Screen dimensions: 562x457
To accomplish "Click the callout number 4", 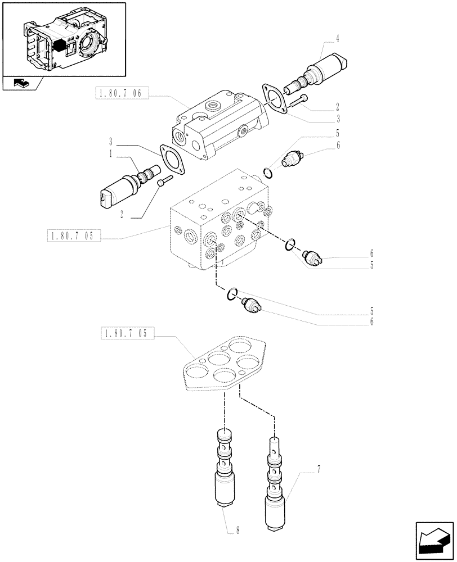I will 337,39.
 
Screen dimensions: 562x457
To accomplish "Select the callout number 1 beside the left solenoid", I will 111,153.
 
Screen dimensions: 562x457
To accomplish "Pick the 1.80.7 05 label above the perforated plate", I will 125,334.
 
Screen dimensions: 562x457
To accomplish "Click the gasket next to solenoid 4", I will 273,100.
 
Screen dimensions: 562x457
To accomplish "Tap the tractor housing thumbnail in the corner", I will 64,40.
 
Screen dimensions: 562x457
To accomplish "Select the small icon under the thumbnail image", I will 20,84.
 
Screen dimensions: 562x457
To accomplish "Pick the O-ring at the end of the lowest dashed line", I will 231,293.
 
